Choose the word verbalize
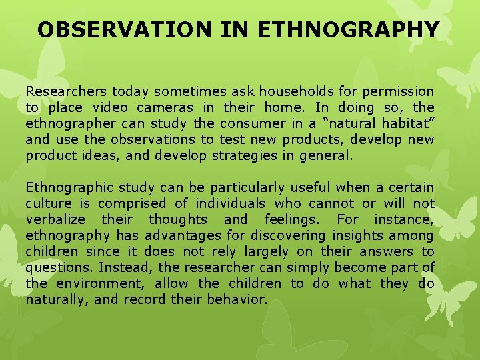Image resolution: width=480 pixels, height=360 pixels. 55,219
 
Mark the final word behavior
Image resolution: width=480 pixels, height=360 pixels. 239,299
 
